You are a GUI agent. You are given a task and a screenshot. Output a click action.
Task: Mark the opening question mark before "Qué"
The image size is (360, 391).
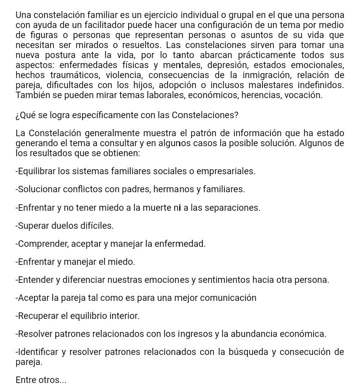[x=18, y=115]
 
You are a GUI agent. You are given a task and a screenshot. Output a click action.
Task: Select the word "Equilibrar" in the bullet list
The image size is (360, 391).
[x=37, y=171]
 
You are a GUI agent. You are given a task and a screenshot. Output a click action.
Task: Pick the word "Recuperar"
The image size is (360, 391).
[x=37, y=316]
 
